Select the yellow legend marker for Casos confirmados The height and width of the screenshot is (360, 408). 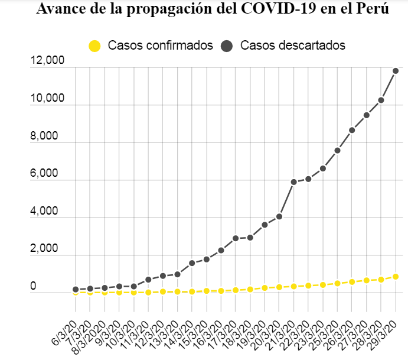(x=94, y=46)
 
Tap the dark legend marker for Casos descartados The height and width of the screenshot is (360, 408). (x=227, y=46)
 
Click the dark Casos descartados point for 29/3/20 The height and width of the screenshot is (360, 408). (x=396, y=71)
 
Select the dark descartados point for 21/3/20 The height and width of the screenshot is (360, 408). (x=293, y=181)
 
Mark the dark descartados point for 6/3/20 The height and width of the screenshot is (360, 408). (x=76, y=290)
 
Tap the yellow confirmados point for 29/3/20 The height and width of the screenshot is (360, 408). (x=396, y=277)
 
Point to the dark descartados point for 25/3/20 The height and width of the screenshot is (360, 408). (x=337, y=150)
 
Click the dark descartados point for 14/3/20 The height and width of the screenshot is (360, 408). (x=192, y=263)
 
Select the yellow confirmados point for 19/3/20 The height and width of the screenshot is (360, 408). (x=265, y=288)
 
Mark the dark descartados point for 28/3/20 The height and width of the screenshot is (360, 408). (x=381, y=100)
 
